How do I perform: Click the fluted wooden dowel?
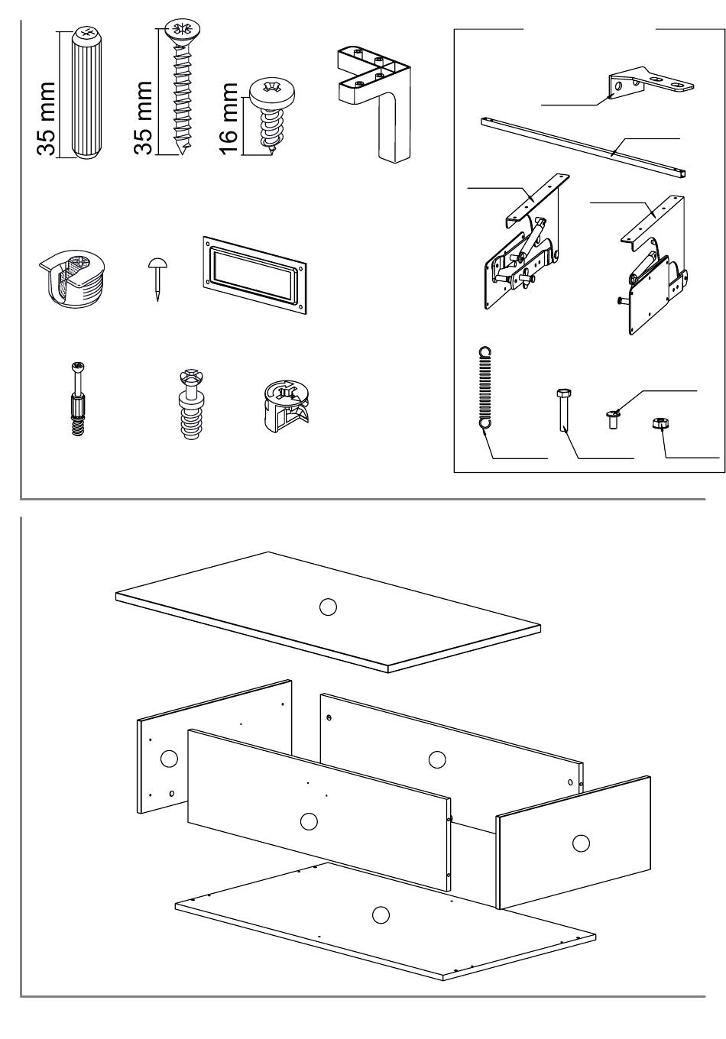click(x=86, y=92)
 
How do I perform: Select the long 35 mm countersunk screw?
click(x=183, y=87)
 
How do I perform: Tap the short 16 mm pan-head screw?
click(x=272, y=114)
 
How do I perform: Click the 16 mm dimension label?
click(x=229, y=118)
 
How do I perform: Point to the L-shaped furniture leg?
click(x=374, y=103)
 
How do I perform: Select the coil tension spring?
click(x=485, y=388)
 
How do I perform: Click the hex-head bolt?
click(x=563, y=409)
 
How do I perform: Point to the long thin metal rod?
click(x=583, y=147)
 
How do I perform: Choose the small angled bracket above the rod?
click(x=650, y=83)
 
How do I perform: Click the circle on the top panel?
click(x=328, y=607)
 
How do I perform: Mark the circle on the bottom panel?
click(x=381, y=914)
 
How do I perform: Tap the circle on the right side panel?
click(x=581, y=843)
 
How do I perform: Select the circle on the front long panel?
click(x=309, y=821)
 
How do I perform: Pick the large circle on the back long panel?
click(x=436, y=759)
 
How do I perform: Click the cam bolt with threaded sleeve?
click(x=79, y=399)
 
